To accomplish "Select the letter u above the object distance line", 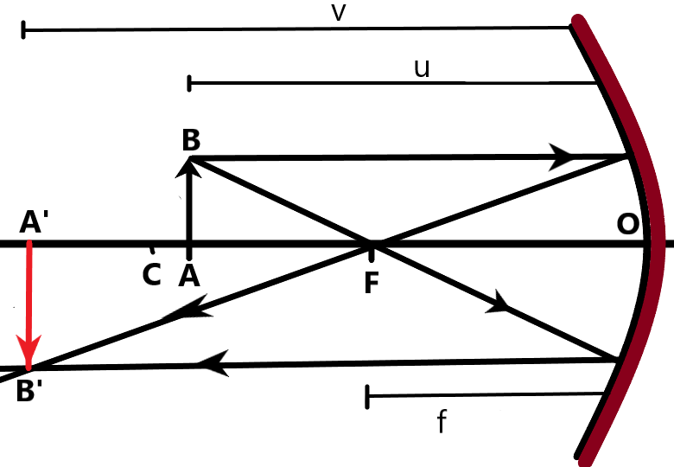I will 422,68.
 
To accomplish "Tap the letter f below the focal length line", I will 442,423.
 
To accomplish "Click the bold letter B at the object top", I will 191,140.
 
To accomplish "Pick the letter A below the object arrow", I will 189,275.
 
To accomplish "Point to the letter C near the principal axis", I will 151,275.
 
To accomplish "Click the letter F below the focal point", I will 372,282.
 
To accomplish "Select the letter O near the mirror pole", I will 627,224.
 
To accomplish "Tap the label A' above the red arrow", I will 33,223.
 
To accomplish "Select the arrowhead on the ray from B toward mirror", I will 563,157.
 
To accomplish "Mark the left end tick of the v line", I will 24,31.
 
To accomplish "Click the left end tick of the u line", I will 189,83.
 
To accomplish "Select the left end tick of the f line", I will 368,397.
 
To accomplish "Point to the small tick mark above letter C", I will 152,251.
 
